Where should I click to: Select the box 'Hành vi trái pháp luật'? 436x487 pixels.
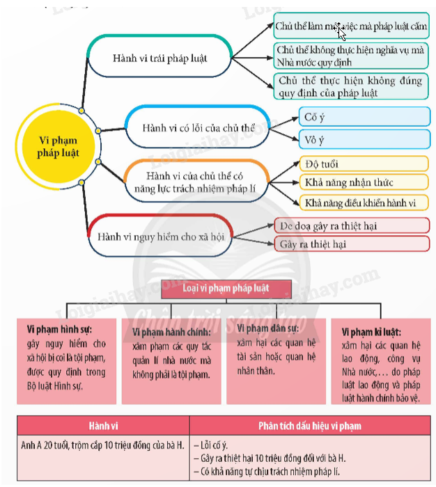tap(160, 58)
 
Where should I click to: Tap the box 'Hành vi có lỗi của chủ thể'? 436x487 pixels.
tap(198, 128)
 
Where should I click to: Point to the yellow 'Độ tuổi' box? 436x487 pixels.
tap(364, 164)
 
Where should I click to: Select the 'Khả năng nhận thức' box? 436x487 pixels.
tap(364, 183)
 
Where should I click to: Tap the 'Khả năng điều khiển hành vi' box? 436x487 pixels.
tap(364, 202)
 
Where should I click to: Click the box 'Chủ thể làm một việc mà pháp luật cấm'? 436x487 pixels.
tap(351, 26)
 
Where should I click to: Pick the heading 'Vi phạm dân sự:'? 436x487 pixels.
tap(269, 328)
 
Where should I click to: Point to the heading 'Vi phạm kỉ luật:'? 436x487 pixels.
tap(371, 332)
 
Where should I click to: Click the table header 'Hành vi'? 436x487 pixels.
tap(102, 425)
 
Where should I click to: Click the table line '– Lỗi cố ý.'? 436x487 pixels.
tap(217, 444)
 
